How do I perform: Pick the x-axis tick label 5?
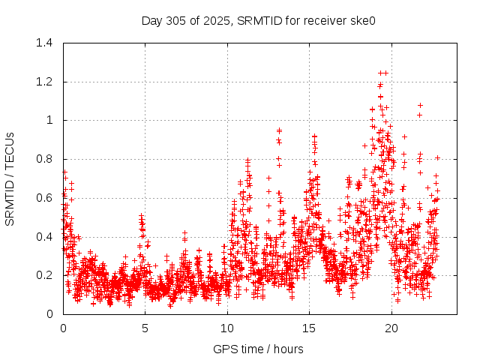click(145, 328)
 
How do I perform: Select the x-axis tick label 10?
click(226, 328)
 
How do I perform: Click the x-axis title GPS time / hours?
click(258, 349)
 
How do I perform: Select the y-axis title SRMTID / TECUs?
click(10, 178)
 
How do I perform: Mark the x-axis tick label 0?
click(63, 328)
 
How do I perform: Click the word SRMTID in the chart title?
click(259, 20)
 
